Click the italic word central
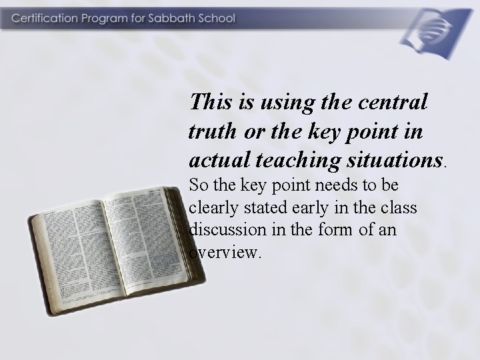393,102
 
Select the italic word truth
210,131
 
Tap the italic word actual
213,160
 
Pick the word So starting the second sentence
198,185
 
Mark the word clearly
213,208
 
